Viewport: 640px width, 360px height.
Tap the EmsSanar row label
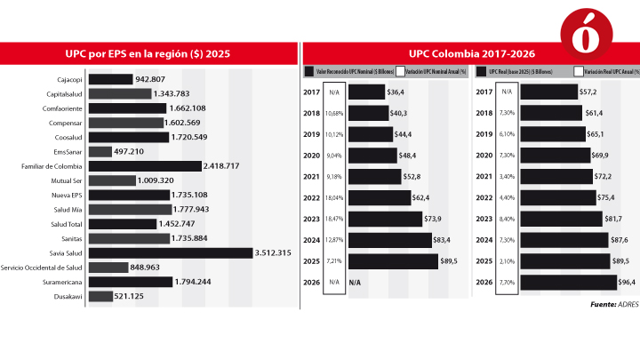68,151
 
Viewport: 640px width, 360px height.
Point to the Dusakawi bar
100,296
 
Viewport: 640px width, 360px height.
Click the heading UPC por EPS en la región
148,53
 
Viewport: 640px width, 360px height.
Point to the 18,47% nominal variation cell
335,219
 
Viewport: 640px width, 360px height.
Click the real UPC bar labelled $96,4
568,283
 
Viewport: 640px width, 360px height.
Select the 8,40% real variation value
507,219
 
